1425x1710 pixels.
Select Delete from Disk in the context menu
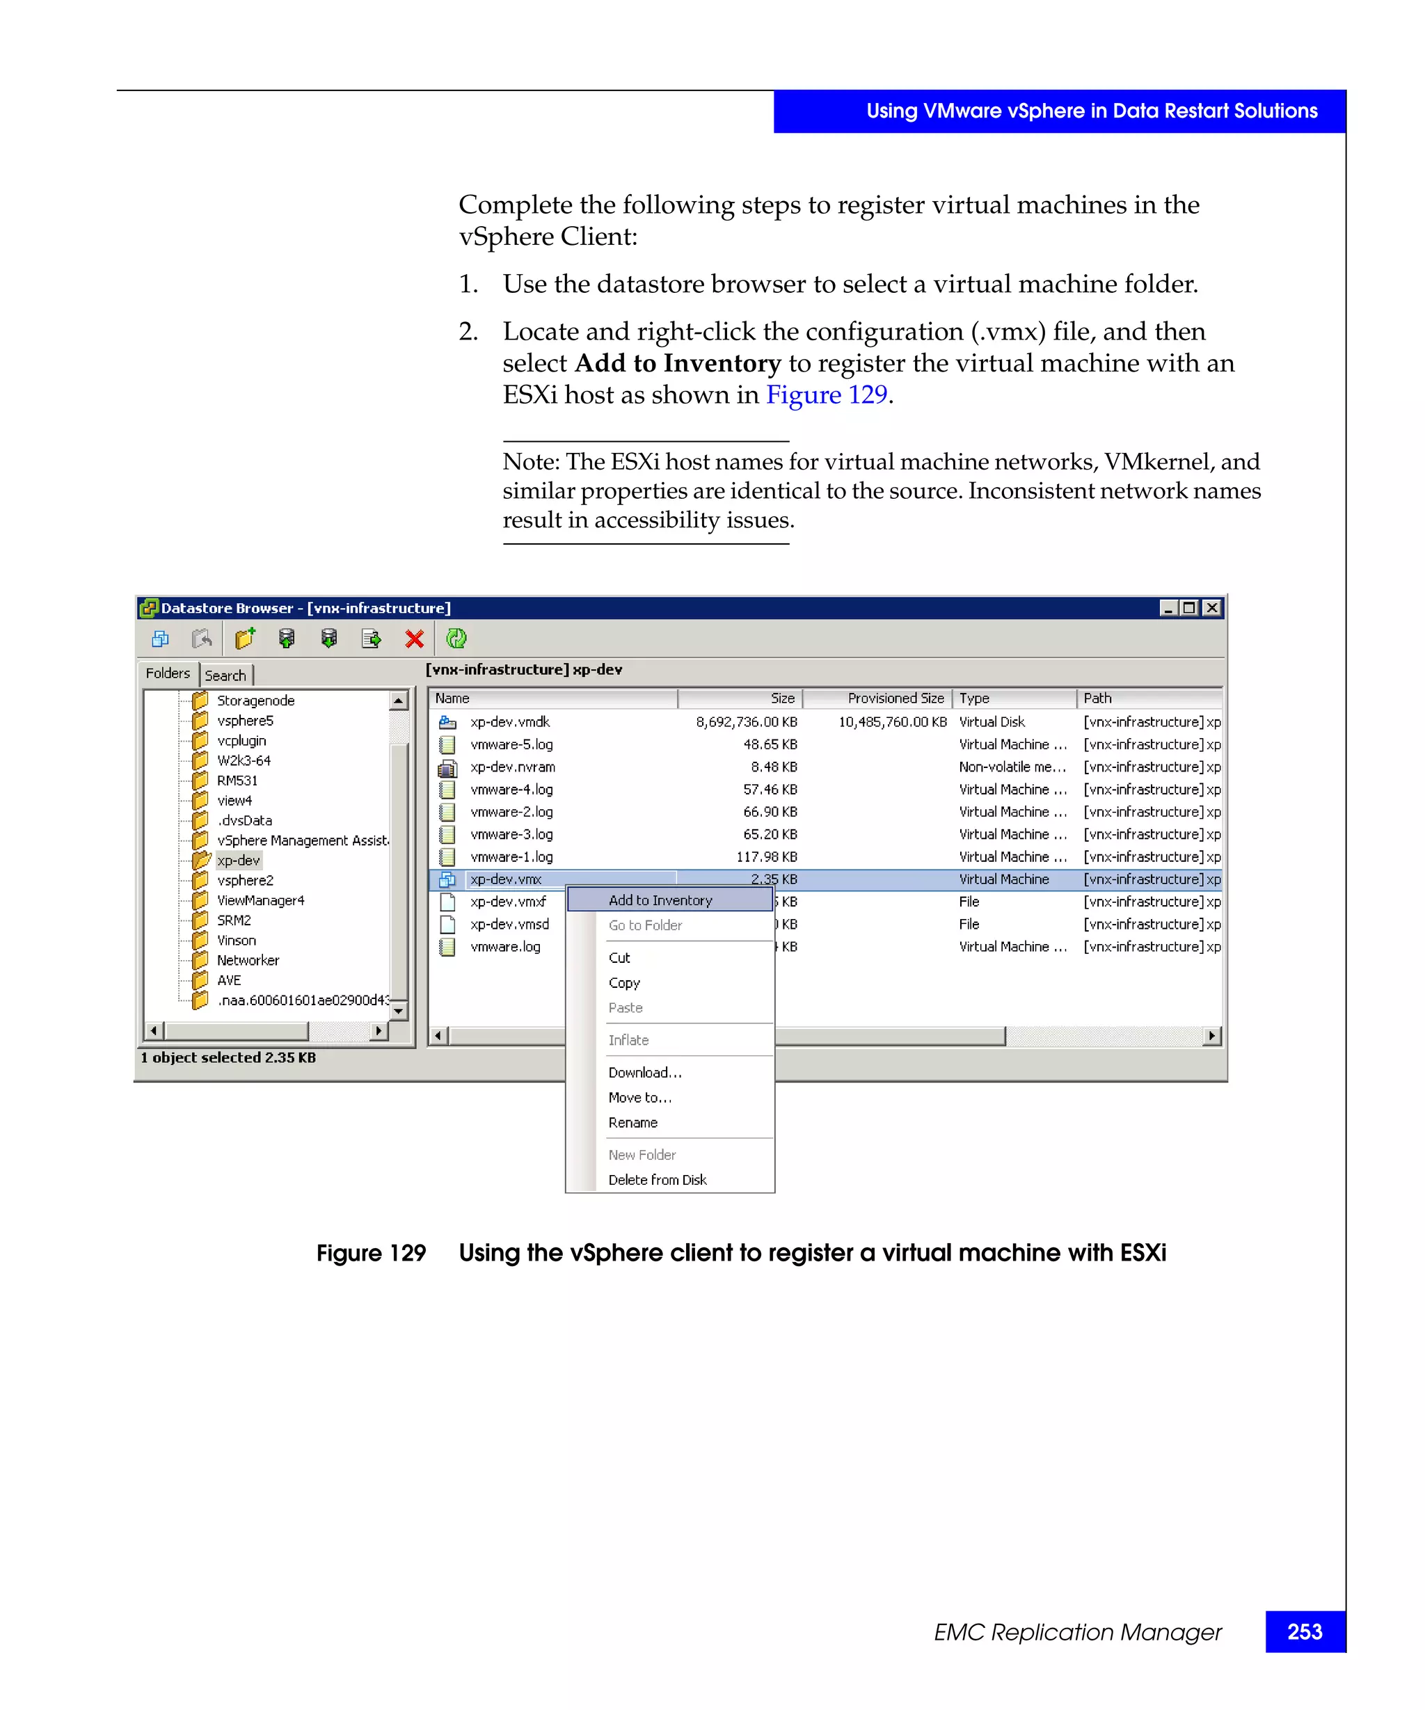point(657,1180)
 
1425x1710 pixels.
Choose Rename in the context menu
point(632,1122)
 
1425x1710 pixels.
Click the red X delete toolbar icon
point(415,639)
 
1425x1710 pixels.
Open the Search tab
point(225,675)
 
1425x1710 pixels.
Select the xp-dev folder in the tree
point(239,861)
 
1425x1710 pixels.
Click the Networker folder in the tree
point(248,960)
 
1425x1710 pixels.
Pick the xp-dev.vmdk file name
point(510,721)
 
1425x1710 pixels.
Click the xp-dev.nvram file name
point(512,767)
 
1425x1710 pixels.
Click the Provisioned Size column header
point(895,698)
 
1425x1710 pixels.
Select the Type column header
point(974,698)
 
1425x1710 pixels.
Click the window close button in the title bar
point(1211,607)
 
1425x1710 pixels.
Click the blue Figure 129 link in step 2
point(826,395)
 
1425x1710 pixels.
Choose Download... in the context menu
point(644,1073)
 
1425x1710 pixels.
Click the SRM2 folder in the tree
point(234,920)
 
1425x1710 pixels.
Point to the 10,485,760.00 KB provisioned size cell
point(893,721)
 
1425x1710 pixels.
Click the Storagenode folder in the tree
point(255,701)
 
